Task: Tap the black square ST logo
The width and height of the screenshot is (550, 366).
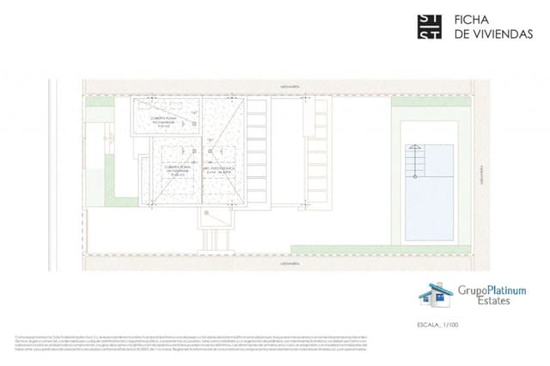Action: [x=429, y=27]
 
